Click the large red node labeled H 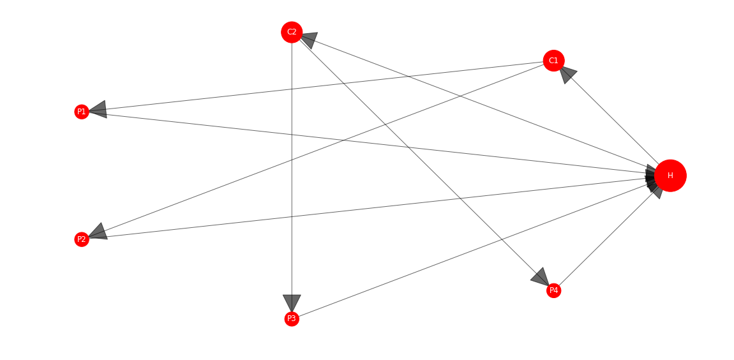click(670, 176)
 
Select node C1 click(553, 61)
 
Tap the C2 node click(292, 32)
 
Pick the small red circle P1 click(82, 112)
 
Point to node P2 click(82, 239)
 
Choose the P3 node click(292, 319)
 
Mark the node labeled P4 click(553, 290)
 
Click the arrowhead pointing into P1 click(98, 110)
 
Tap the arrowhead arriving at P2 click(98, 232)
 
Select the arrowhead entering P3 click(292, 303)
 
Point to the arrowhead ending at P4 click(540, 276)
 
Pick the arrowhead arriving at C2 click(310, 40)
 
